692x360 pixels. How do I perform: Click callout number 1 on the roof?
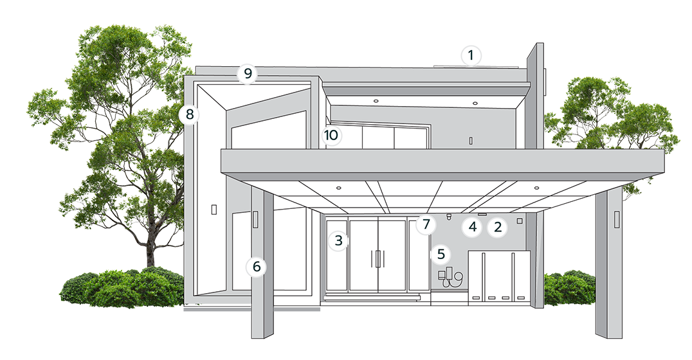coord(471,55)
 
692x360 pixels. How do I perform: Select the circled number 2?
coord(497,227)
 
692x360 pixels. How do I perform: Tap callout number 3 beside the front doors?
coord(338,240)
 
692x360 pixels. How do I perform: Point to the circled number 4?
coord(473,227)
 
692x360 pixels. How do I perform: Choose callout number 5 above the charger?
coord(441,254)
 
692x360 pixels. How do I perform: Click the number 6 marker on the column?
coord(257,267)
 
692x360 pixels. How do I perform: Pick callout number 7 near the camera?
coord(426,224)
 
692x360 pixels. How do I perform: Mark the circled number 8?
coord(189,114)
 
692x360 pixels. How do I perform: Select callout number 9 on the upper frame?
coord(247,73)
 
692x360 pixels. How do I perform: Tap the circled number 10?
coord(331,135)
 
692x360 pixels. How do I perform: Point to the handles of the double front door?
coord(378,258)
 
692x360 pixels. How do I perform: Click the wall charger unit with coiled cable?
coord(450,278)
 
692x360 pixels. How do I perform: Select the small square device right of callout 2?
coord(520,220)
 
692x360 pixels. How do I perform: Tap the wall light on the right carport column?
coord(617,220)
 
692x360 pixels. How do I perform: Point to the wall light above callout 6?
coord(255,219)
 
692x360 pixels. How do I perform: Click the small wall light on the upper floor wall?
coord(471,141)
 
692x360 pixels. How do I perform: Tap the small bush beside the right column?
coord(569,289)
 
